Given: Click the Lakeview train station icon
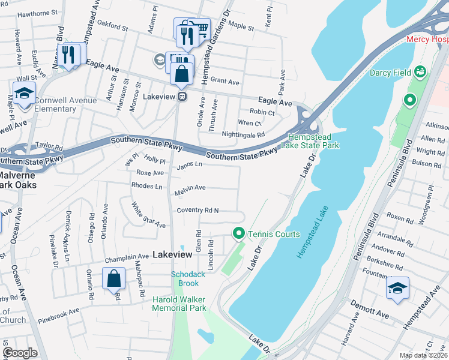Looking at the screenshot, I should [181, 97].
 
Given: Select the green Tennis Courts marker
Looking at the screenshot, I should [238, 233].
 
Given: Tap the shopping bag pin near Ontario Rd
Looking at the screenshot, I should [113, 279].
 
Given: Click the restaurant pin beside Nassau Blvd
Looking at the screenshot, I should [68, 55].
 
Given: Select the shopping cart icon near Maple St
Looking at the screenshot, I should [201, 28].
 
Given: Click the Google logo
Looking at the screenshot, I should [20, 353].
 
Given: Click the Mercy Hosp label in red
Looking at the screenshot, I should [427, 39].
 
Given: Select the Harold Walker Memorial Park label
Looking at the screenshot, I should [179, 303].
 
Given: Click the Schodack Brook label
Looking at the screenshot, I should [188, 278].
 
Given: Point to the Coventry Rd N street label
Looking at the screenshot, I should [197, 210].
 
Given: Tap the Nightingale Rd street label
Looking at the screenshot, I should [243, 134].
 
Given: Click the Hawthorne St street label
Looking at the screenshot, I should [37, 12].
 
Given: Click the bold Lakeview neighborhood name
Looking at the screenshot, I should [172, 254].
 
